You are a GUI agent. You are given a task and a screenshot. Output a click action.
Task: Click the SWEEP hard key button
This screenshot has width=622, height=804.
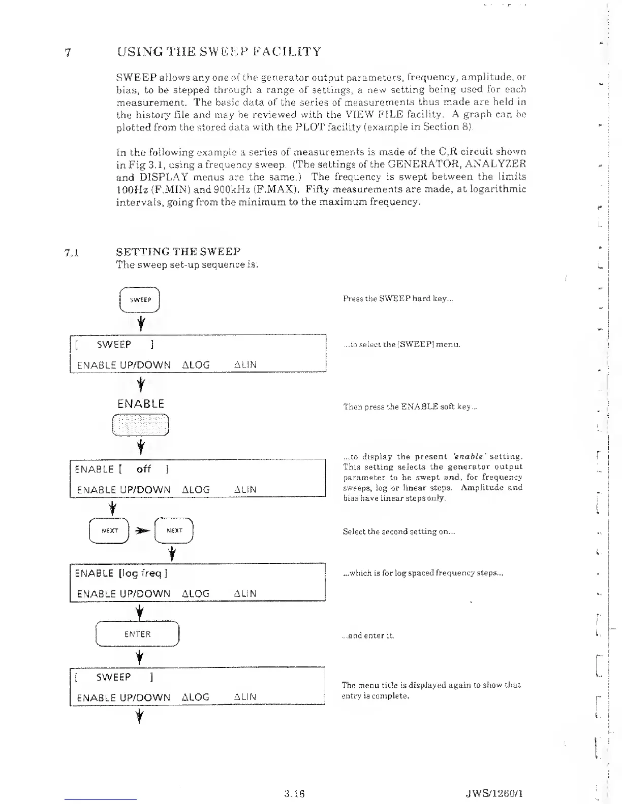(140, 299)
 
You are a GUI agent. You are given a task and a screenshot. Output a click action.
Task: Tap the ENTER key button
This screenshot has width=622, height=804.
(138, 634)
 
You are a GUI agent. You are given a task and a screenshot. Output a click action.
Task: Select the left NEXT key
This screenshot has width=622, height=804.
(109, 530)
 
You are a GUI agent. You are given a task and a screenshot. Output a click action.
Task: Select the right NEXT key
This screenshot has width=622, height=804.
(174, 530)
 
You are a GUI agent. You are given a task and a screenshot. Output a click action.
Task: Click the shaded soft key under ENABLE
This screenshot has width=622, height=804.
(140, 425)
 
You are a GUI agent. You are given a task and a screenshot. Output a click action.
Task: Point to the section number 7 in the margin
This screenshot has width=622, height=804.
(68, 53)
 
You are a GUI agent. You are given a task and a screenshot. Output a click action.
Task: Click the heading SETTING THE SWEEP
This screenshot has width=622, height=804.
(178, 252)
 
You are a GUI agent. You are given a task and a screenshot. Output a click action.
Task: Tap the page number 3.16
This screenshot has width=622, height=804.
(295, 793)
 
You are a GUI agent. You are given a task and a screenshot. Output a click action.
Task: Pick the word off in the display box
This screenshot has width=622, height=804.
(144, 469)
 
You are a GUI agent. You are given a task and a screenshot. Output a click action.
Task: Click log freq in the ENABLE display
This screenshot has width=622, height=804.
(143, 573)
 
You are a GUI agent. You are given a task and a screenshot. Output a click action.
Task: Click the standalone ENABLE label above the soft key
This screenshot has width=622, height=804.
(141, 404)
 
